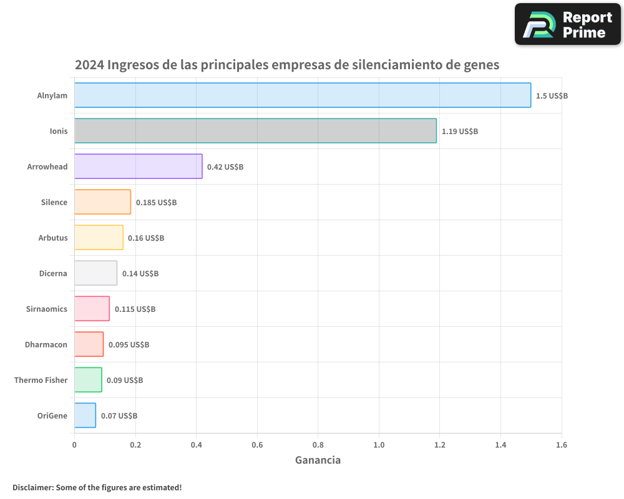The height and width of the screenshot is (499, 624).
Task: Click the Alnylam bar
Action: [x=303, y=95]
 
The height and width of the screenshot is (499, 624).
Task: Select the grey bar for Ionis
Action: [x=255, y=131]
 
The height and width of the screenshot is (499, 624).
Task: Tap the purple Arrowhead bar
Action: [x=138, y=167]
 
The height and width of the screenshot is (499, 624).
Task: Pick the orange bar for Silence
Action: [x=102, y=202]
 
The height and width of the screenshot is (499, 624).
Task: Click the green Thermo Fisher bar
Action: [x=88, y=380]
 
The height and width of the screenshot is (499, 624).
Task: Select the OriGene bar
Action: [x=85, y=415]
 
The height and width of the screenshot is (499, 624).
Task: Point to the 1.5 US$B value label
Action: [x=552, y=95]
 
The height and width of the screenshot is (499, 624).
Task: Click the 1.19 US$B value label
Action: [x=459, y=131]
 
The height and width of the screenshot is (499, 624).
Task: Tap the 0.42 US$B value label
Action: [x=225, y=167]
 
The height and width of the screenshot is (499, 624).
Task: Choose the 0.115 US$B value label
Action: [x=135, y=309]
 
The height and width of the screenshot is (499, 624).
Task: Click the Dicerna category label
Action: [x=52, y=273]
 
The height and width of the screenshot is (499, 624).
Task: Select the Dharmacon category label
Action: [x=46, y=344]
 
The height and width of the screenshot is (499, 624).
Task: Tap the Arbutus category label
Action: [x=52, y=238]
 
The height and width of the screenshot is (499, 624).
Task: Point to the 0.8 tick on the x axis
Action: [x=318, y=445]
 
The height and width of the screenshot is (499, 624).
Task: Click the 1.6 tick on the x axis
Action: [x=561, y=445]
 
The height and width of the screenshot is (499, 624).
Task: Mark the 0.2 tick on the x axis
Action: [x=135, y=445]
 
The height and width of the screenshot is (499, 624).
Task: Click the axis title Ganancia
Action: [x=318, y=460]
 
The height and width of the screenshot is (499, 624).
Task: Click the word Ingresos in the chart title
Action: [x=132, y=65]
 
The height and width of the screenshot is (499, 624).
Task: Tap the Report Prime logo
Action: [x=567, y=24]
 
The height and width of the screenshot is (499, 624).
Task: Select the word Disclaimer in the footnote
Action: [x=32, y=487]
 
